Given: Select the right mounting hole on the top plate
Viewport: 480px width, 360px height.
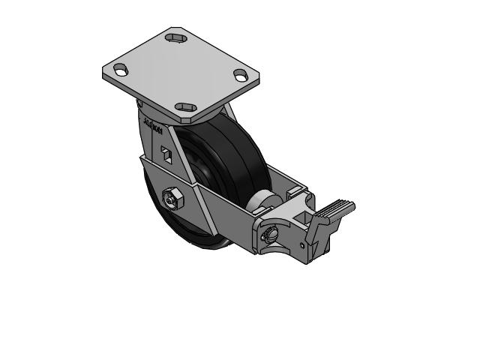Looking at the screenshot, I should coord(241,75).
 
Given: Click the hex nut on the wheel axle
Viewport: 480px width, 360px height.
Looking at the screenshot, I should coord(170,200).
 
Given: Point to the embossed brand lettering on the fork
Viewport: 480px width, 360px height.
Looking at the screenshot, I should coord(151,127).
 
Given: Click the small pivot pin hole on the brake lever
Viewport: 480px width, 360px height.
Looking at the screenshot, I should coord(301,244).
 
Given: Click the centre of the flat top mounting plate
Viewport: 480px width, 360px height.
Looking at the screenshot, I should coord(181,71).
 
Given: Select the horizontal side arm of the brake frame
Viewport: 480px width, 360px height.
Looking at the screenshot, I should coord(225,202).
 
